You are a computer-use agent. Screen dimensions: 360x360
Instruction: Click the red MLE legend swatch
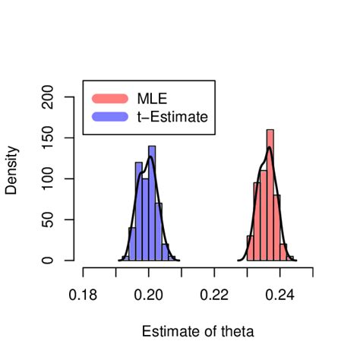pos(110,99)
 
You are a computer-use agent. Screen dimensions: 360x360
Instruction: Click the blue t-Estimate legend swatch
pos(110,117)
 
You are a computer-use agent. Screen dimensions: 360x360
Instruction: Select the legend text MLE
pos(152,99)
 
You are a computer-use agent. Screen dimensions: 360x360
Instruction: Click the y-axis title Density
pos(11,170)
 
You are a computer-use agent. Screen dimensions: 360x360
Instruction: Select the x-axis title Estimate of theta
pos(197,331)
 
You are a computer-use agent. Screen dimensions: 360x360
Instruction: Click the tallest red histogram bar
pos(270,197)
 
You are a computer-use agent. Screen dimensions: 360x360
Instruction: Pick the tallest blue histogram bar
pos(152,205)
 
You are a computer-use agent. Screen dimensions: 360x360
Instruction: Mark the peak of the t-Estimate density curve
pos(150,157)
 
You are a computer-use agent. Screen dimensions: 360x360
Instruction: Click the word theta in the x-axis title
pos(236,331)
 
